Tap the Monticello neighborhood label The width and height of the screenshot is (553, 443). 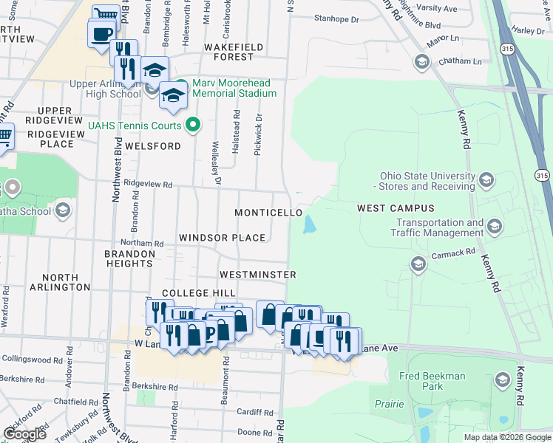click(x=268, y=213)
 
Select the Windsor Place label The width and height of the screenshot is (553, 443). click(x=222, y=238)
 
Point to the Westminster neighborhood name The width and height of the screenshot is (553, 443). click(x=258, y=275)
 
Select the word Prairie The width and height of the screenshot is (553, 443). click(x=389, y=405)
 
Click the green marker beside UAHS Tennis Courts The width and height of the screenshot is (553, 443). click(x=193, y=125)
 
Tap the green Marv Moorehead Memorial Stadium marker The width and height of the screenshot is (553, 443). click(x=183, y=83)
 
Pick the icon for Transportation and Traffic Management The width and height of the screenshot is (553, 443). click(x=494, y=225)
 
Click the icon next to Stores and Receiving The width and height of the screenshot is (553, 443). click(x=486, y=179)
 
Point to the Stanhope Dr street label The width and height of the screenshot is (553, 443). click(x=336, y=18)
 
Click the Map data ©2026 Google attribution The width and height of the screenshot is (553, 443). click(x=506, y=437)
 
